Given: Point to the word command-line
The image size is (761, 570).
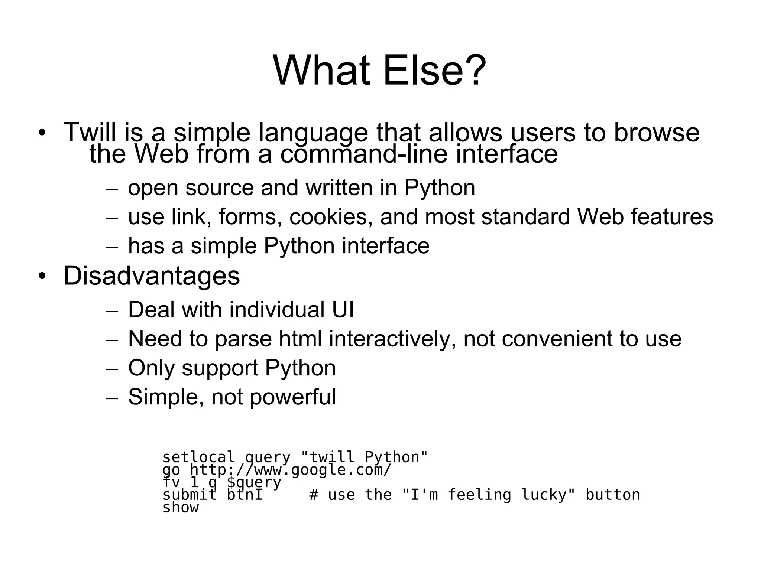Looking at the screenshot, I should click(364, 154).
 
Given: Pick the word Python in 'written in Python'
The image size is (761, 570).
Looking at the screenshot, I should click(439, 188).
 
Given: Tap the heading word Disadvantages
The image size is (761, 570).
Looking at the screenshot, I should click(152, 276).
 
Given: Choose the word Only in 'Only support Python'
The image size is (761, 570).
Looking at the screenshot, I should click(151, 368).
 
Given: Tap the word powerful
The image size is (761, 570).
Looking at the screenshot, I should click(292, 397).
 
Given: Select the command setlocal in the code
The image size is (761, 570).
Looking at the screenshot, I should click(198, 457).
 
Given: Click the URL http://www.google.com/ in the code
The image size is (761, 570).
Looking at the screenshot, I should click(290, 470).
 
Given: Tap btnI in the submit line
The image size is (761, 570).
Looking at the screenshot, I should click(245, 495).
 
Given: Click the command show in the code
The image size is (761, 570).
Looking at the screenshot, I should click(181, 508).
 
